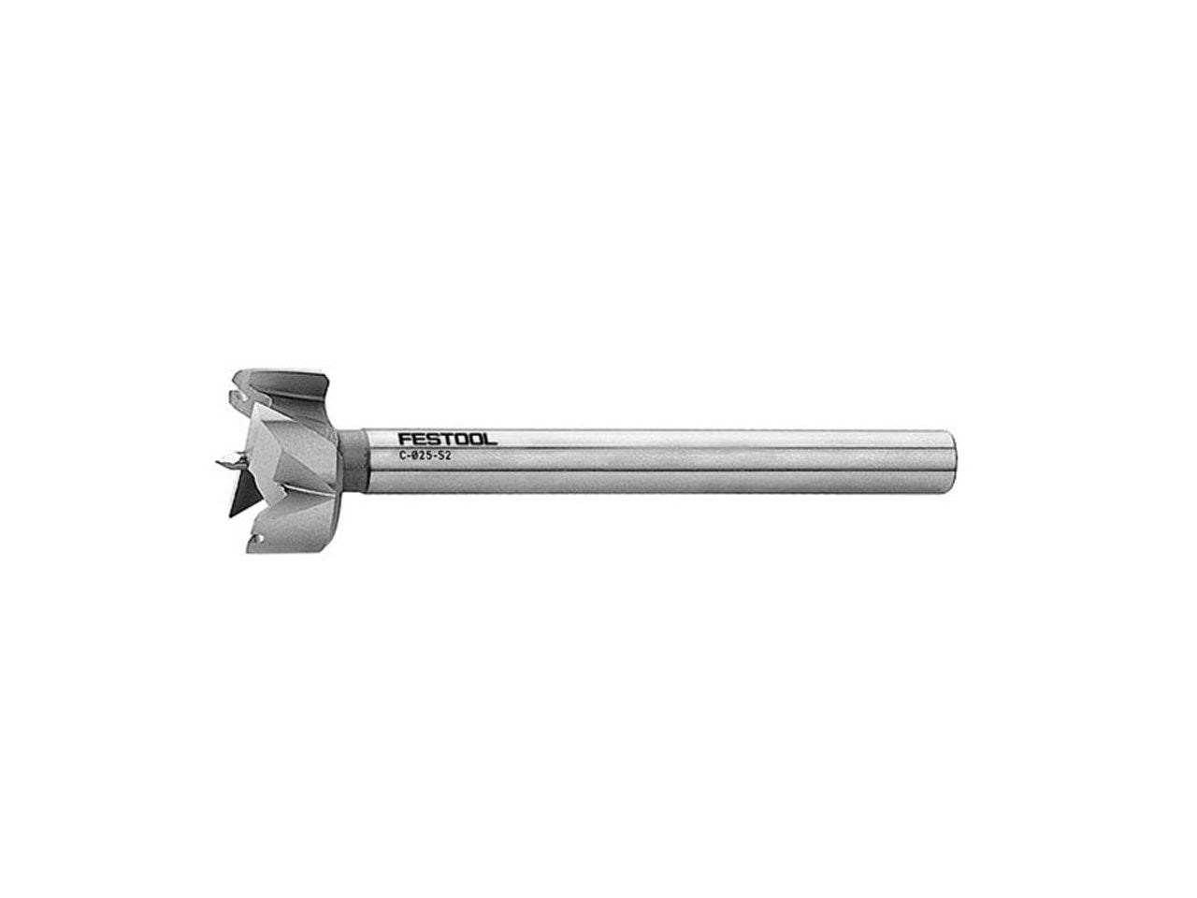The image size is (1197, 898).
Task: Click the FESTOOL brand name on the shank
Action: click(x=447, y=440)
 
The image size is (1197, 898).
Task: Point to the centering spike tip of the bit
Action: click(x=217, y=462)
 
